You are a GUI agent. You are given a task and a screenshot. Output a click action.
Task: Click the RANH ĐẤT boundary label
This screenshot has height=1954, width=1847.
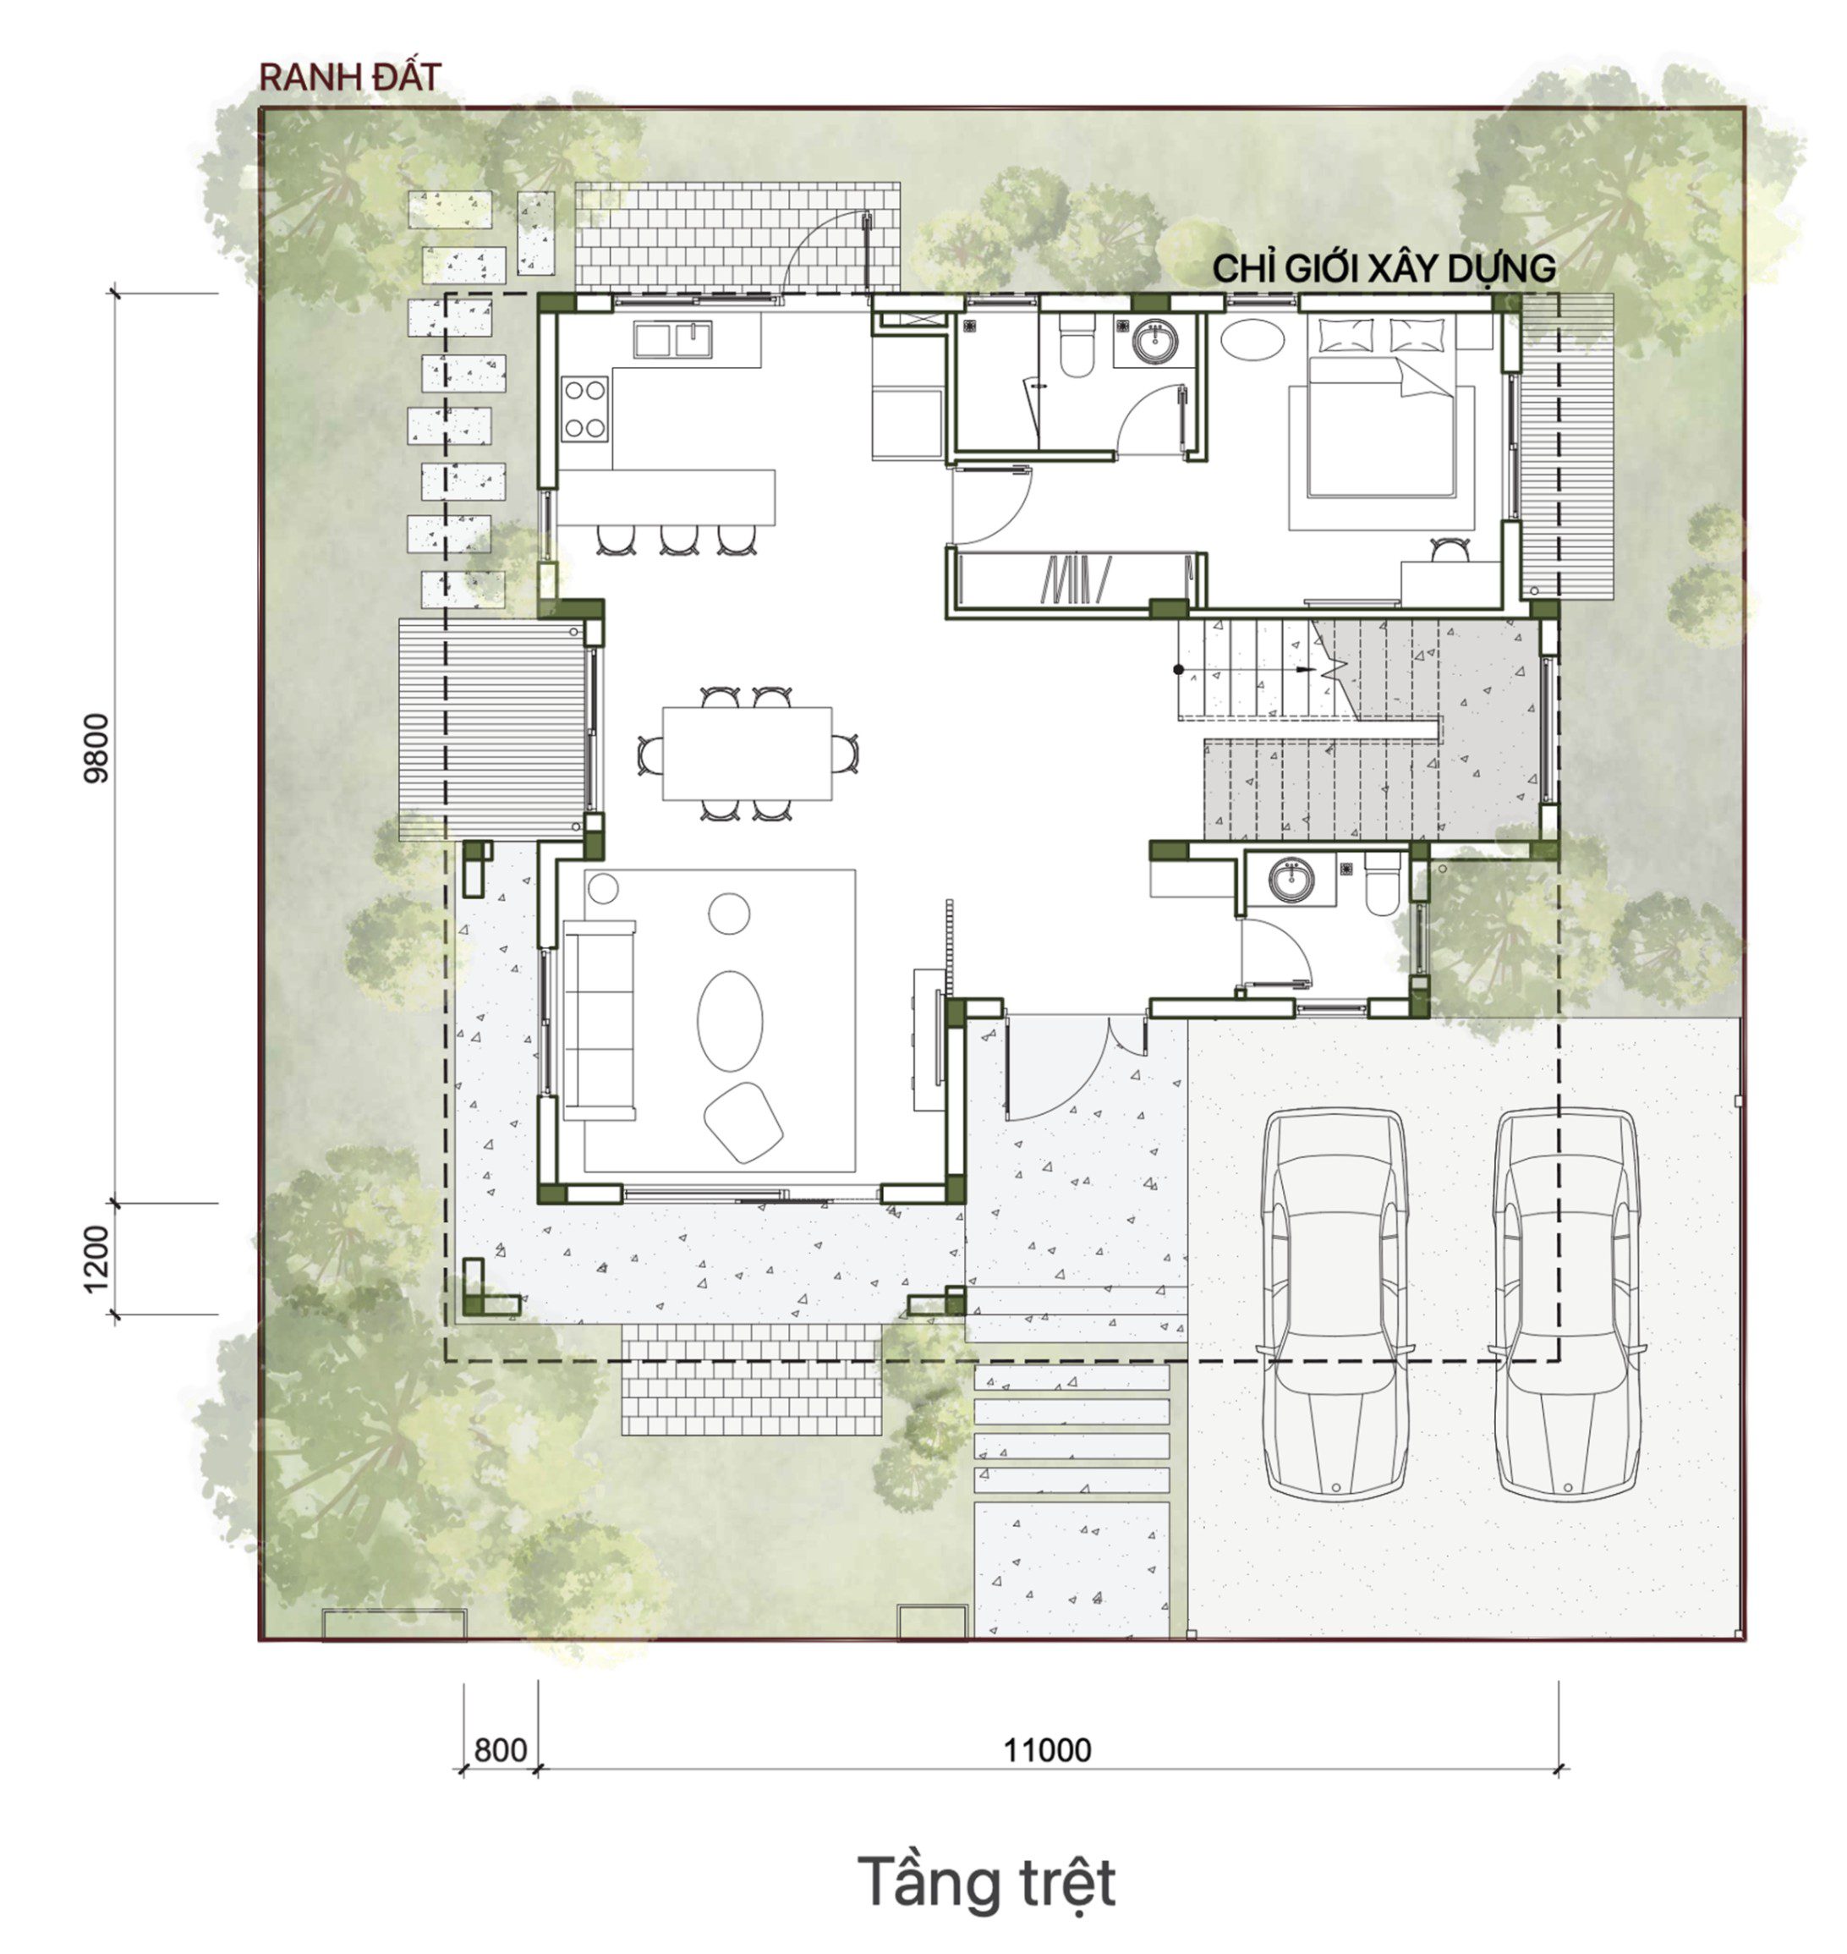coord(349,78)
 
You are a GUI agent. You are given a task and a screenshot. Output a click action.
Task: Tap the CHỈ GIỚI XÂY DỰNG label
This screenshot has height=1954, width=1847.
coord(1384,268)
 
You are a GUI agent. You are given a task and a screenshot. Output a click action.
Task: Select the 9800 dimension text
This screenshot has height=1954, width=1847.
coord(97,748)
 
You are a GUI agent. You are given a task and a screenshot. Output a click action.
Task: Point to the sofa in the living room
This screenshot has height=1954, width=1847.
coord(599,1020)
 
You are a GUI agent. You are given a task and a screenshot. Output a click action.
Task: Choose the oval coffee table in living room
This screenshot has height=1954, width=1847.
coord(730,1021)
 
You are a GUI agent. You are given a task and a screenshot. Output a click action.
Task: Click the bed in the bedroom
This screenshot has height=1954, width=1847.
coord(1381,427)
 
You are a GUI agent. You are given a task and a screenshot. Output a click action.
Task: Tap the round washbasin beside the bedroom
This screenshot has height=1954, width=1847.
coord(1154,342)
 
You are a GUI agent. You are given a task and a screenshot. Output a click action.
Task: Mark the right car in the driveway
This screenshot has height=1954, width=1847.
coord(1566,1304)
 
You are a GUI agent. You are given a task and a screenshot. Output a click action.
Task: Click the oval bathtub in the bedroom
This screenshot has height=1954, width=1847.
coord(1252,340)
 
